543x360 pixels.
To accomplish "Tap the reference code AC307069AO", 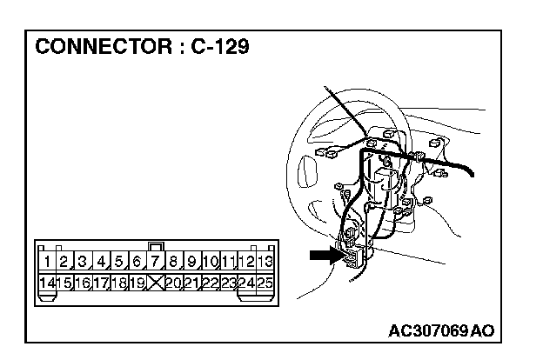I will [x=442, y=330].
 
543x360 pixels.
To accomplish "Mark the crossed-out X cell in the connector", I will [x=157, y=282].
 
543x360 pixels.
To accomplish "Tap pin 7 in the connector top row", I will [x=157, y=261].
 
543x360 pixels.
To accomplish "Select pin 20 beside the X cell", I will [x=175, y=282].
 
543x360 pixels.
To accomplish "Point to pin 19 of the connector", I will [x=138, y=282].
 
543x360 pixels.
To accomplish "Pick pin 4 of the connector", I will [x=102, y=261].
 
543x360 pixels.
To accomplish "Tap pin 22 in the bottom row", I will [x=211, y=282].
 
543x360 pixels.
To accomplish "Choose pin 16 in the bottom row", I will [x=84, y=282].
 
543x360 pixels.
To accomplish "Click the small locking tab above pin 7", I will [x=157, y=247].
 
